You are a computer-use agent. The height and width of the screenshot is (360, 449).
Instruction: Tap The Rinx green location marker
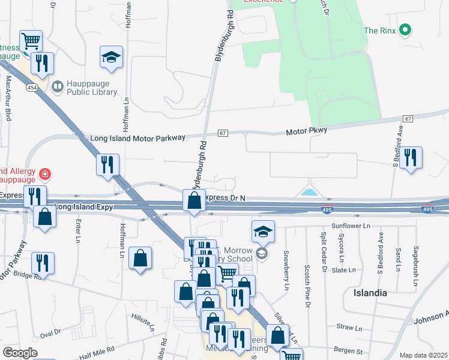coord(405,29)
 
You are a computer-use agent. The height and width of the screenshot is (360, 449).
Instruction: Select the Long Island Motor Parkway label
coord(137,138)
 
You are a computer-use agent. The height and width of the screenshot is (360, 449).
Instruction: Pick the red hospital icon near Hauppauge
coord(44,175)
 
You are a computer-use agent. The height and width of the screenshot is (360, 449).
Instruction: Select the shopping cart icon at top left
coord(31,41)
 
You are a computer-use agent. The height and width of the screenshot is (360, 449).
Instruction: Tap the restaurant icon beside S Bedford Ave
coord(411,158)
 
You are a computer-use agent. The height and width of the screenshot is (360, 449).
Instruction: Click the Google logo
coord(20,353)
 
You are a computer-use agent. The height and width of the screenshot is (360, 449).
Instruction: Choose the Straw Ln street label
coord(349,328)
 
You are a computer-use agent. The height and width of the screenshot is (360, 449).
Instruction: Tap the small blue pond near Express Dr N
coord(309,193)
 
